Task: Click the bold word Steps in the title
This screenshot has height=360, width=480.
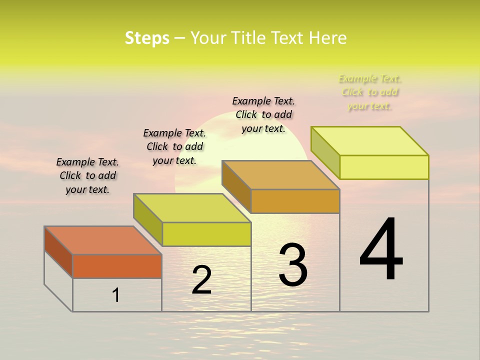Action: [147, 38]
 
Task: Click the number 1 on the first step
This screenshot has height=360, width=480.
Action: [116, 295]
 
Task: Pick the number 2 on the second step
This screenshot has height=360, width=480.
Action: [201, 280]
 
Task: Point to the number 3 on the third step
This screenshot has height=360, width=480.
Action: [293, 265]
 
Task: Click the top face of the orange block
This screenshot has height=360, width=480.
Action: [102, 240]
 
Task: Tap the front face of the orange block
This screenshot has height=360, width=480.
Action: [117, 266]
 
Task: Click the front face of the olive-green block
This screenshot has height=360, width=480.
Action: [206, 234]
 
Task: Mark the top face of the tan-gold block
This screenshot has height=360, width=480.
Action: [280, 175]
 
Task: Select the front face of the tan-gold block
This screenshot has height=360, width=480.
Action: [295, 201]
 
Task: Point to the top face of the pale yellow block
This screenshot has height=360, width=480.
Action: [369, 141]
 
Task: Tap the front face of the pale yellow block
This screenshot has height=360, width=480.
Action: [384, 167]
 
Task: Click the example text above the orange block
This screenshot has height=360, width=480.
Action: [87, 176]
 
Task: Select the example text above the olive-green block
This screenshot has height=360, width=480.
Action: [174, 146]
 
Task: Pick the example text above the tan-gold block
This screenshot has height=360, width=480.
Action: [263, 114]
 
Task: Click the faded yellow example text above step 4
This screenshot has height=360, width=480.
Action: [370, 92]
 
